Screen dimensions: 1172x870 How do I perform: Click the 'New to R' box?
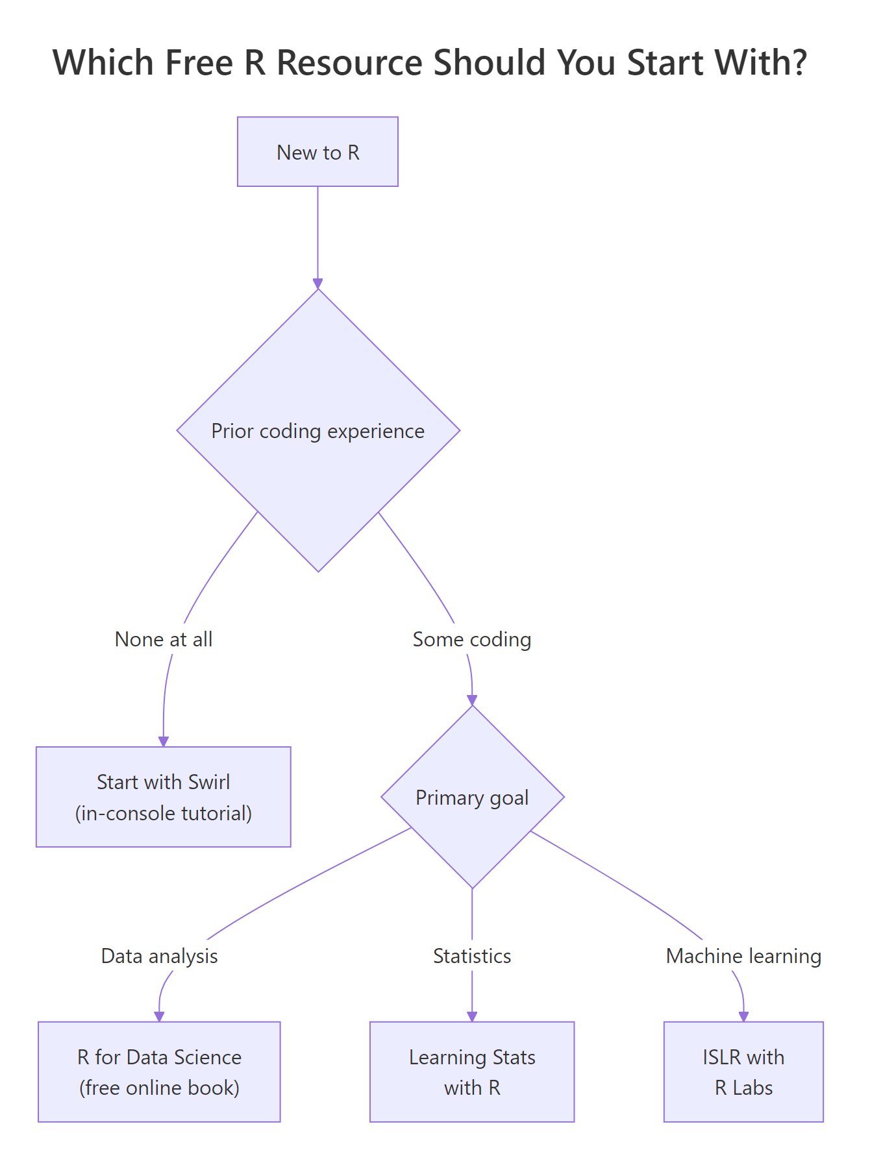pos(317,152)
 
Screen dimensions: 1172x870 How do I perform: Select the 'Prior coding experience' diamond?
pos(318,431)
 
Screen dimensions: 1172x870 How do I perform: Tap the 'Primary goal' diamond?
pos(472,797)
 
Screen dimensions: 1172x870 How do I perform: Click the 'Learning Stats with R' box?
pos(472,1071)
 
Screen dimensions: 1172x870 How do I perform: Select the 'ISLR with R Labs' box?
pos(743,1071)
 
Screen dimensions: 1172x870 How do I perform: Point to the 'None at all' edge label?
pos(164,639)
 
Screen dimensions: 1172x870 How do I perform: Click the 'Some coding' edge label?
pos(472,639)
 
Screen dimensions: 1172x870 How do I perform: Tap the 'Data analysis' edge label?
pos(159,956)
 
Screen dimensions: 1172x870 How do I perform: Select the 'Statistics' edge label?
pos(472,956)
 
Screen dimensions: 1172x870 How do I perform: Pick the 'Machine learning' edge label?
pos(743,956)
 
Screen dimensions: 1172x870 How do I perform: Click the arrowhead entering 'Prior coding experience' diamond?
pos(317,284)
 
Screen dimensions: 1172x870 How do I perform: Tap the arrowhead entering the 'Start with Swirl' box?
pos(164,742)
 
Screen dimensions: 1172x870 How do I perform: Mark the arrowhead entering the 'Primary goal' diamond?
pos(472,700)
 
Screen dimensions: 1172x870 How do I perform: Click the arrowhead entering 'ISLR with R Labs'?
pos(744,1017)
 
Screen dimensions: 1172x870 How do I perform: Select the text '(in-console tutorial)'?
pos(163,813)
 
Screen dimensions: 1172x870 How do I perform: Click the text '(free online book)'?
pos(159,1088)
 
